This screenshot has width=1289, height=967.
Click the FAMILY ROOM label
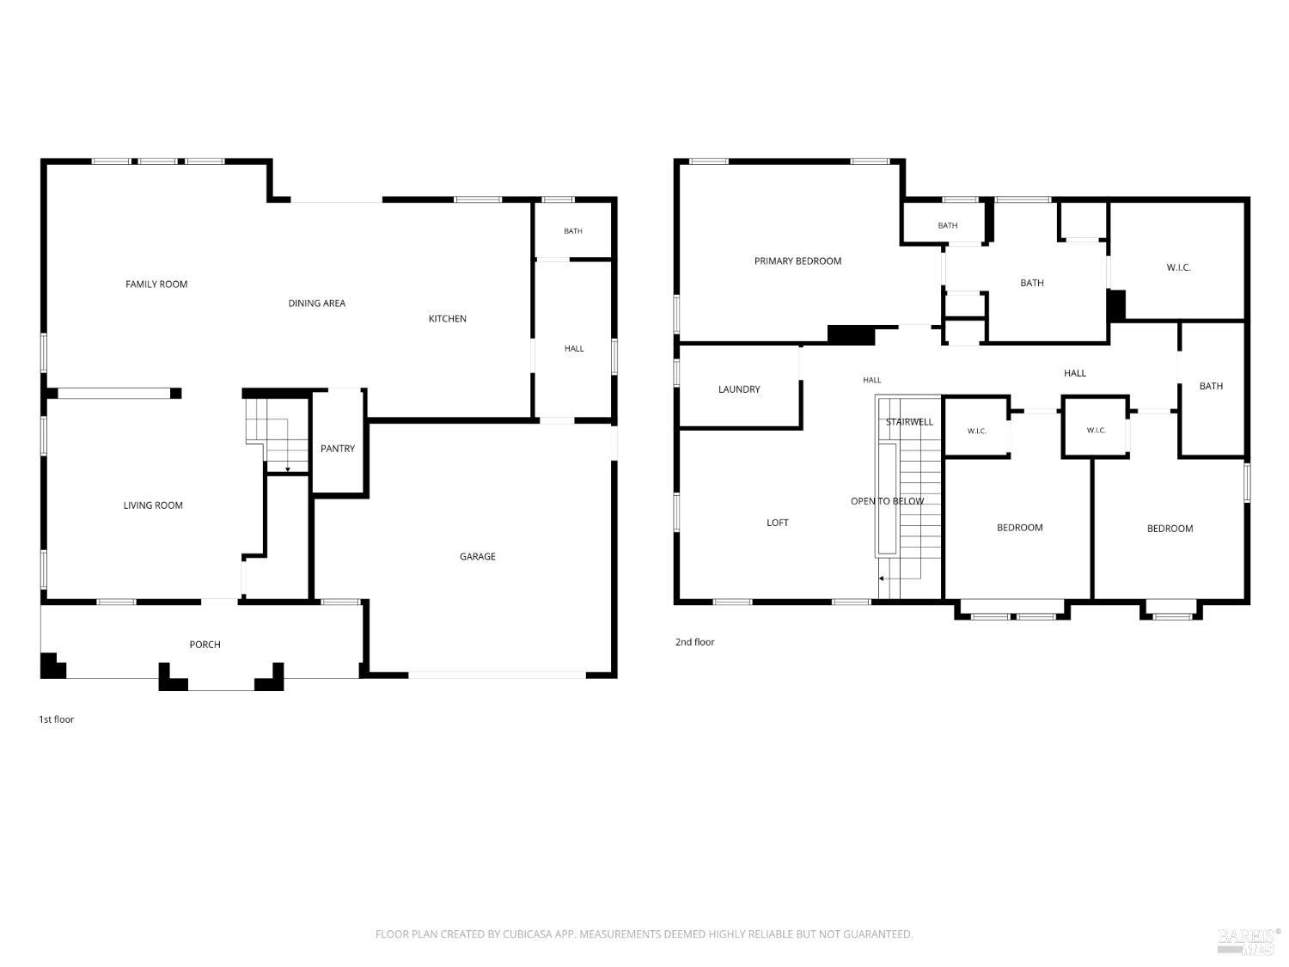pyautogui.click(x=156, y=285)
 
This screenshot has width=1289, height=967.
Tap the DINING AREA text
pyautogui.click(x=316, y=303)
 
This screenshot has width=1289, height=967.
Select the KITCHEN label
pyautogui.click(x=448, y=319)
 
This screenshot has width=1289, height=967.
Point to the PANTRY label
pyautogui.click(x=338, y=449)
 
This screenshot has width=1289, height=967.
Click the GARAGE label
pyautogui.click(x=478, y=556)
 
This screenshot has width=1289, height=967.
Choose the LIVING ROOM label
pyautogui.click(x=153, y=505)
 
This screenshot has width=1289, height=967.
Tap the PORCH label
pyautogui.click(x=205, y=644)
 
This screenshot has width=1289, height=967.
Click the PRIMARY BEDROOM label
pyautogui.click(x=797, y=260)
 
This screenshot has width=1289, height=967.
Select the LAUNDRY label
pyautogui.click(x=739, y=389)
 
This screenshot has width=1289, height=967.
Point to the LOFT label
pyautogui.click(x=777, y=523)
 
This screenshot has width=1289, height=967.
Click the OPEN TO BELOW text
pyautogui.click(x=887, y=501)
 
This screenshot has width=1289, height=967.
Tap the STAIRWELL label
pyautogui.click(x=909, y=421)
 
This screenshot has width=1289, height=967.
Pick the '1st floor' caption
pyautogui.click(x=57, y=719)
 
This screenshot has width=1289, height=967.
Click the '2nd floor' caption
pyautogui.click(x=694, y=642)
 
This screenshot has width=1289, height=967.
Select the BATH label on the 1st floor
pyautogui.click(x=573, y=231)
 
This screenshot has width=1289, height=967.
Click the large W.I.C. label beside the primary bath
pyautogui.click(x=1178, y=267)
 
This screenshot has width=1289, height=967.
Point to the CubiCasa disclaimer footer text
pyautogui.click(x=644, y=933)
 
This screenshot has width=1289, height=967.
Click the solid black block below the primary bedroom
pyautogui.click(x=851, y=334)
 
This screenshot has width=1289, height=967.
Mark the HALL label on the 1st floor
pyautogui.click(x=574, y=349)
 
